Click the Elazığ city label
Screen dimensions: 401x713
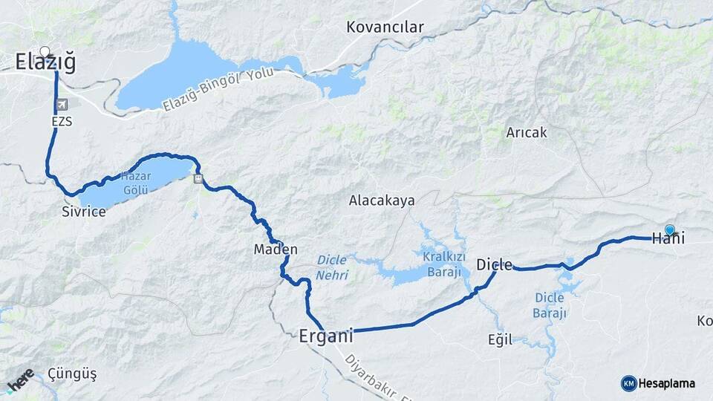click(46, 64)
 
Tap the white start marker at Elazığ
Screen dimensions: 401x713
click(45, 52)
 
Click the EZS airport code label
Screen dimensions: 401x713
click(62, 121)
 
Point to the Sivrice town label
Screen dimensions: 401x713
click(84, 212)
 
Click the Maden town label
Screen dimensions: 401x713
click(276, 250)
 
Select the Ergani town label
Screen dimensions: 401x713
click(325, 336)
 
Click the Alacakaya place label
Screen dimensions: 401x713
click(382, 200)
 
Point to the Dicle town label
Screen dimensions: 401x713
click(494, 264)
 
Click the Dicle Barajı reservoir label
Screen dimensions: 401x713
click(550, 305)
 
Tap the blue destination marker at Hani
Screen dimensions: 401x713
click(670, 230)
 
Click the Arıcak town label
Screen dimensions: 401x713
click(526, 133)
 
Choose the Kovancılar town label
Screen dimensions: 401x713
click(385, 27)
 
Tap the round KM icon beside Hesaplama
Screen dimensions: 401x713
click(628, 383)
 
